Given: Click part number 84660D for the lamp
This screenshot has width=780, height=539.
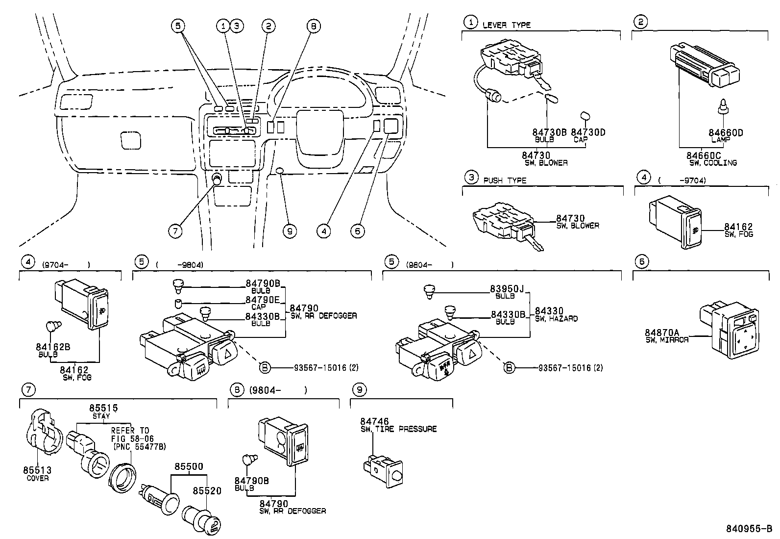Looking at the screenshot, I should coord(726,132).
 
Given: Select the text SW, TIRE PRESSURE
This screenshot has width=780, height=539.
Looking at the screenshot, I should coord(398,429).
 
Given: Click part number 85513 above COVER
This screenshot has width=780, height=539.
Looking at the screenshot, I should coord(37,470).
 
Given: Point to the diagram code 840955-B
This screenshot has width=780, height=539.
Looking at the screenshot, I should coord(749,529).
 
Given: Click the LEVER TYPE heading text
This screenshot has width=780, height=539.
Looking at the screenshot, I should coord(507,25).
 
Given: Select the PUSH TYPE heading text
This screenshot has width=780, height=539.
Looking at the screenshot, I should coord(505,180).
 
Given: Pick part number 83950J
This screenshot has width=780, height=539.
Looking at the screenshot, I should coord(507,289).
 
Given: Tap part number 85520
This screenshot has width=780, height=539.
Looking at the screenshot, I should coord(207,490).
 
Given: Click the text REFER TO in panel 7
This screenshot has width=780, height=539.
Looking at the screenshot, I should coord(130,431).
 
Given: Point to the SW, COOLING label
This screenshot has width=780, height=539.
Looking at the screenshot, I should coord(713,163).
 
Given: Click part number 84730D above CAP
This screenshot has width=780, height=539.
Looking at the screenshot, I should coord(588,132).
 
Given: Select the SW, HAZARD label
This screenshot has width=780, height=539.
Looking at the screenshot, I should coord(556,319).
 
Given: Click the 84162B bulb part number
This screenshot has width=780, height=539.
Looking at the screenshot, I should coord(53,347).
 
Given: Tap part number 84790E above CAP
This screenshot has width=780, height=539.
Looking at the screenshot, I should coord(262,300).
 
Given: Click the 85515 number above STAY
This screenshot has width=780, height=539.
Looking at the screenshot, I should coord(103,408).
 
